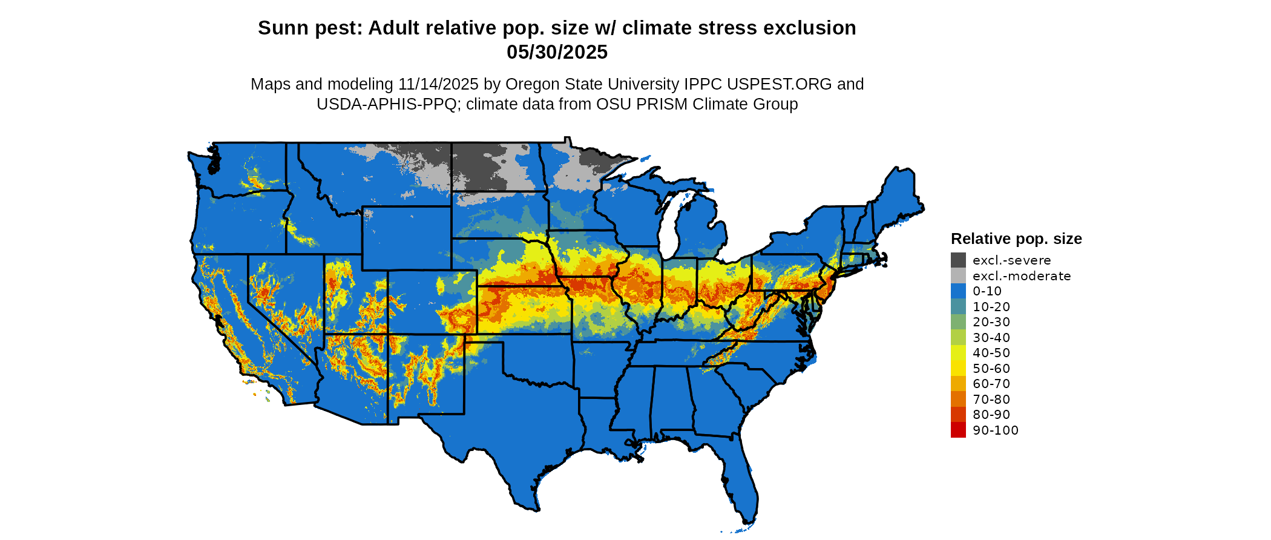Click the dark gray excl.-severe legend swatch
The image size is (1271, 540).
tap(958, 260)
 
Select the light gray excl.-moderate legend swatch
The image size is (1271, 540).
tap(958, 276)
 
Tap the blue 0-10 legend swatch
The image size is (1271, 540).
tap(958, 291)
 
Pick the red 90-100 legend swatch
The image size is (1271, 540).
tap(958, 430)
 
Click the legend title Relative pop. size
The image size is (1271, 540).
tap(1016, 239)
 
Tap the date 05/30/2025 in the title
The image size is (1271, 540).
tap(557, 53)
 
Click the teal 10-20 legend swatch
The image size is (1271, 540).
tap(958, 307)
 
